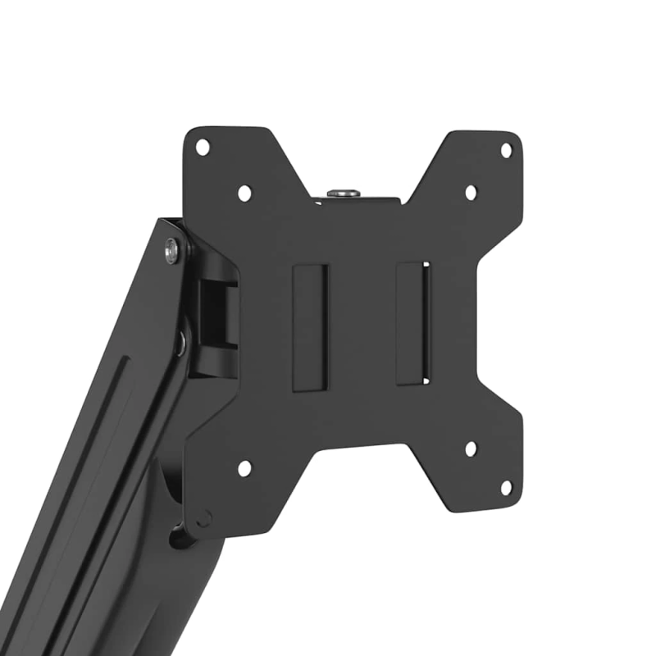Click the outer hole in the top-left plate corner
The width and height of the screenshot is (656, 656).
[203, 147]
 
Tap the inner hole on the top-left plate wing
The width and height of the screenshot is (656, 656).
[244, 193]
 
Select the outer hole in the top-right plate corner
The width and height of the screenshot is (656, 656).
[506, 150]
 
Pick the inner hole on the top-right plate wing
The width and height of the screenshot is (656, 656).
[471, 193]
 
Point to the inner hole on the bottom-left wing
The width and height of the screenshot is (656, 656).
[244, 468]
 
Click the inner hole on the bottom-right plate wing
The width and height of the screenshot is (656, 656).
[471, 449]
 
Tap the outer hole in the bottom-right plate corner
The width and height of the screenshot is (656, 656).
[506, 487]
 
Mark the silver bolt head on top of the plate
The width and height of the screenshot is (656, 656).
[344, 193]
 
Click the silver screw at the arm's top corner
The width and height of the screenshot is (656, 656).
[172, 250]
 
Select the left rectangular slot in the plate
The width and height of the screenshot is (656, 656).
[310, 326]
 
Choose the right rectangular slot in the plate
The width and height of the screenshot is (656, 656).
[412, 323]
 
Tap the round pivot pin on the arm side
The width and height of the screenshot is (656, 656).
[180, 342]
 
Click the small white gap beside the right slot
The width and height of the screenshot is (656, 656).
[426, 323]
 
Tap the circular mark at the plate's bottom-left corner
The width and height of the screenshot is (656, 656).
[203, 518]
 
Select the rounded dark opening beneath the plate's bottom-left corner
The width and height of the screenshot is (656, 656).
[182, 537]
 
